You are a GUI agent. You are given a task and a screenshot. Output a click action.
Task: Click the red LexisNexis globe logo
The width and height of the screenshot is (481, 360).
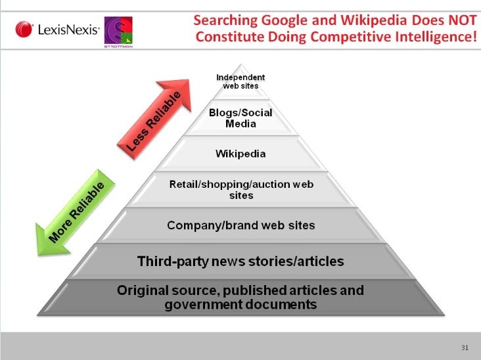[24, 30]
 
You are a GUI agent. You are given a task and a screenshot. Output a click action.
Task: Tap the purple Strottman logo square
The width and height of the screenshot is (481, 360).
[118, 31]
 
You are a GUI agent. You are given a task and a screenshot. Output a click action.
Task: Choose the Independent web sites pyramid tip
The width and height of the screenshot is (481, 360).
[240, 82]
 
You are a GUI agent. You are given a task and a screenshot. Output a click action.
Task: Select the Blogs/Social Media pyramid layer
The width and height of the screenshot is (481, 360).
[240, 118]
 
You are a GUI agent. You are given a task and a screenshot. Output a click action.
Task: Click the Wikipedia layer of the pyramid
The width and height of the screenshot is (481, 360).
[240, 154]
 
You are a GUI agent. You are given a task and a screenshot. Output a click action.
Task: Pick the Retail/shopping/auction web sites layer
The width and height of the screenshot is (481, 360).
[240, 190]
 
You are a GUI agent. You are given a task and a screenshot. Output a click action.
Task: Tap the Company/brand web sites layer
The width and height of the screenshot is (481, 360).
[240, 225]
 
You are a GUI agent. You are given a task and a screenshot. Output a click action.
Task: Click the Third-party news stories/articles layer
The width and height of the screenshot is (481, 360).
[240, 261]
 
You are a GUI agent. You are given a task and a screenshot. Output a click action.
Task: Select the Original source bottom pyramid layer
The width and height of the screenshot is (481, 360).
[240, 297]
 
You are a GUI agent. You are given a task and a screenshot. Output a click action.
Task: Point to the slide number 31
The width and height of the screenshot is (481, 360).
[465, 348]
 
